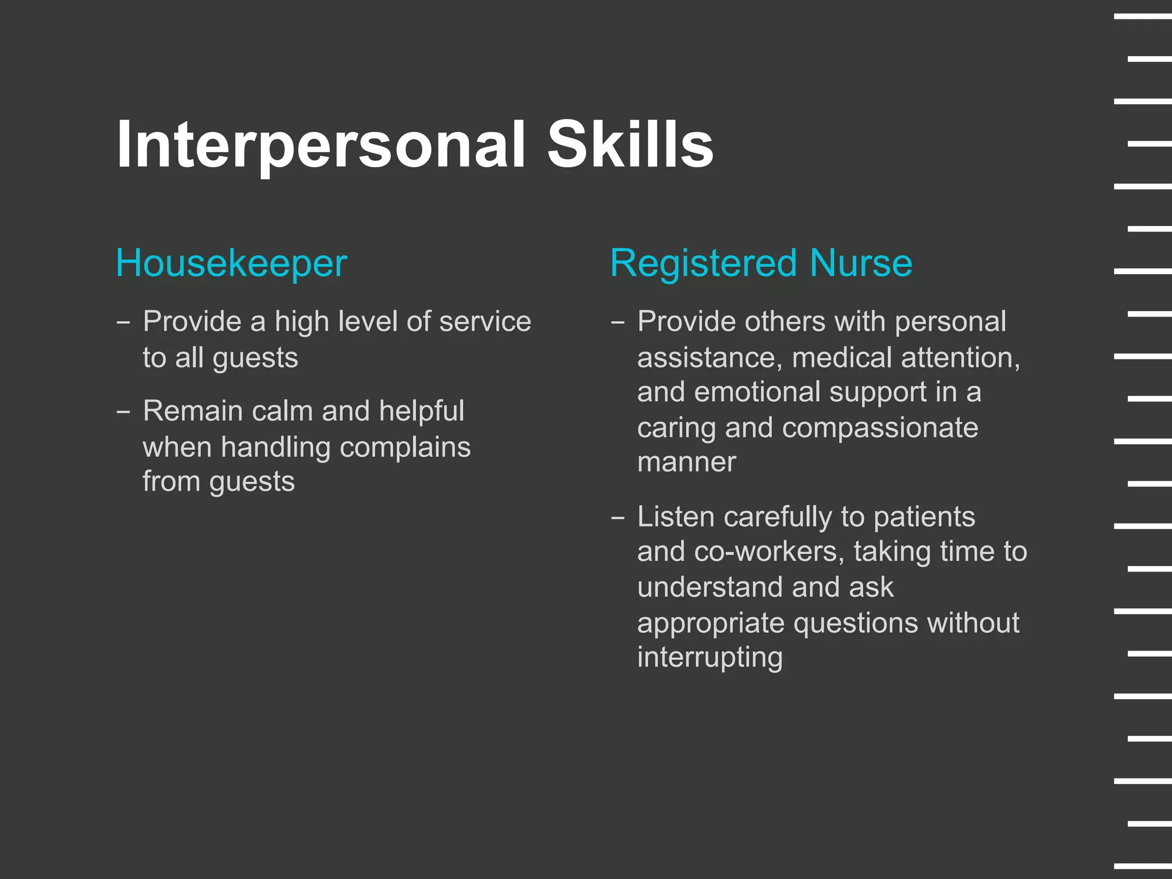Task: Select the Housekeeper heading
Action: point(231,263)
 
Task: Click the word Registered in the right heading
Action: point(703,264)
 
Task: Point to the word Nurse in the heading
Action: point(861,263)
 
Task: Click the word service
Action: point(485,321)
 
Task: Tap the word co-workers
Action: point(769,552)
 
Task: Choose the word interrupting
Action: point(710,657)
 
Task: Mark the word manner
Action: point(686,462)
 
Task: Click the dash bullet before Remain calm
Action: point(123,411)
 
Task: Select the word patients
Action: point(924,517)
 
